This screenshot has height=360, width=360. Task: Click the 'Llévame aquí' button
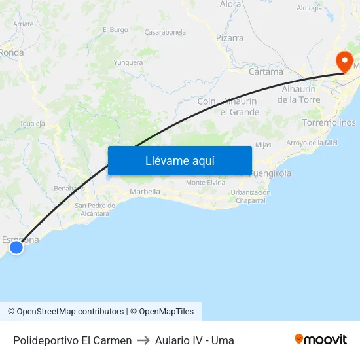click(179, 161)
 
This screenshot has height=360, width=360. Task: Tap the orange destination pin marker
click(344, 62)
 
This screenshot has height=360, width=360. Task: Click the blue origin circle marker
click(16, 247)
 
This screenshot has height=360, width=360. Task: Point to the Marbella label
click(145, 192)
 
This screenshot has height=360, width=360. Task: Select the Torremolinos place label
click(329, 122)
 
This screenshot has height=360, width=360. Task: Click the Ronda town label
click(11, 52)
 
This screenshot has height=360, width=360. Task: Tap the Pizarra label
click(230, 38)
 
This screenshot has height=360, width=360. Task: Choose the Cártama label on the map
click(266, 71)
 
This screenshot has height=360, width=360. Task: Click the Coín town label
click(206, 101)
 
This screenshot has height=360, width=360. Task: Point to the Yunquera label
click(128, 63)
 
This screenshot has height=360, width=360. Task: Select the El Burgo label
click(115, 30)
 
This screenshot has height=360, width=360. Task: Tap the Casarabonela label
click(165, 32)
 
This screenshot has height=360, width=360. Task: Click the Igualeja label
click(33, 123)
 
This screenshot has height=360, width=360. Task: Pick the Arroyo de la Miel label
click(312, 143)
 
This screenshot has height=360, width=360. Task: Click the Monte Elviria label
click(206, 183)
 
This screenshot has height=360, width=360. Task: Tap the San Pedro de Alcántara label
click(96, 209)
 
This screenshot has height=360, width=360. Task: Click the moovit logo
click(321, 339)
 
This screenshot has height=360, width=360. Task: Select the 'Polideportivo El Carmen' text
click(72, 340)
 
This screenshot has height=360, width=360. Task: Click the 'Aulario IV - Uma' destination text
click(194, 340)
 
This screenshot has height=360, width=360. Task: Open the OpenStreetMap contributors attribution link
click(70, 312)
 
